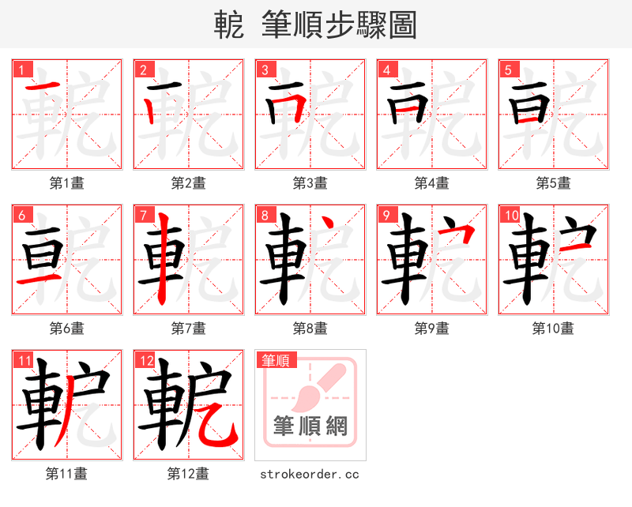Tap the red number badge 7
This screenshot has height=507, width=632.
click(142, 214)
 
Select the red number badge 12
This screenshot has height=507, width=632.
click(145, 361)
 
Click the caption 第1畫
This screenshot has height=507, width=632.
click(66, 183)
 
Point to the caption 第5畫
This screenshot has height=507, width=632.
click(553, 183)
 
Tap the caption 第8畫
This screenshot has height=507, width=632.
click(310, 328)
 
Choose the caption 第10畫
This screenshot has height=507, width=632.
click(553, 328)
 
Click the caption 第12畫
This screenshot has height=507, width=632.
click(188, 474)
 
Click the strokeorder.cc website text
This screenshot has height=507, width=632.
click(310, 474)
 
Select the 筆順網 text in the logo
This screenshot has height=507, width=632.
click(310, 427)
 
